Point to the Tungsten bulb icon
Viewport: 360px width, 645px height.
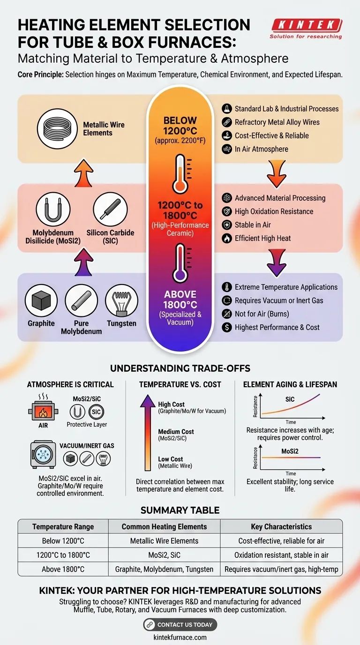(x=121, y=301)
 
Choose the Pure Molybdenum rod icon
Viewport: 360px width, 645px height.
(x=81, y=301)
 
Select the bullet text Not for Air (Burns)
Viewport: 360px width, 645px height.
(x=262, y=314)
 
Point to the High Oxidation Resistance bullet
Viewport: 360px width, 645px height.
(x=274, y=211)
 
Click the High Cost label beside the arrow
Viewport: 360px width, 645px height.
(x=171, y=404)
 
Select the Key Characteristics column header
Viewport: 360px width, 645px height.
(x=281, y=526)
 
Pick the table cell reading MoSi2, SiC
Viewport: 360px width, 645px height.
(x=164, y=555)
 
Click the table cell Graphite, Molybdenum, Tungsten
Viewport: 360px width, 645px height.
(x=164, y=569)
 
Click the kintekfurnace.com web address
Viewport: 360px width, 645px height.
(x=180, y=637)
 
